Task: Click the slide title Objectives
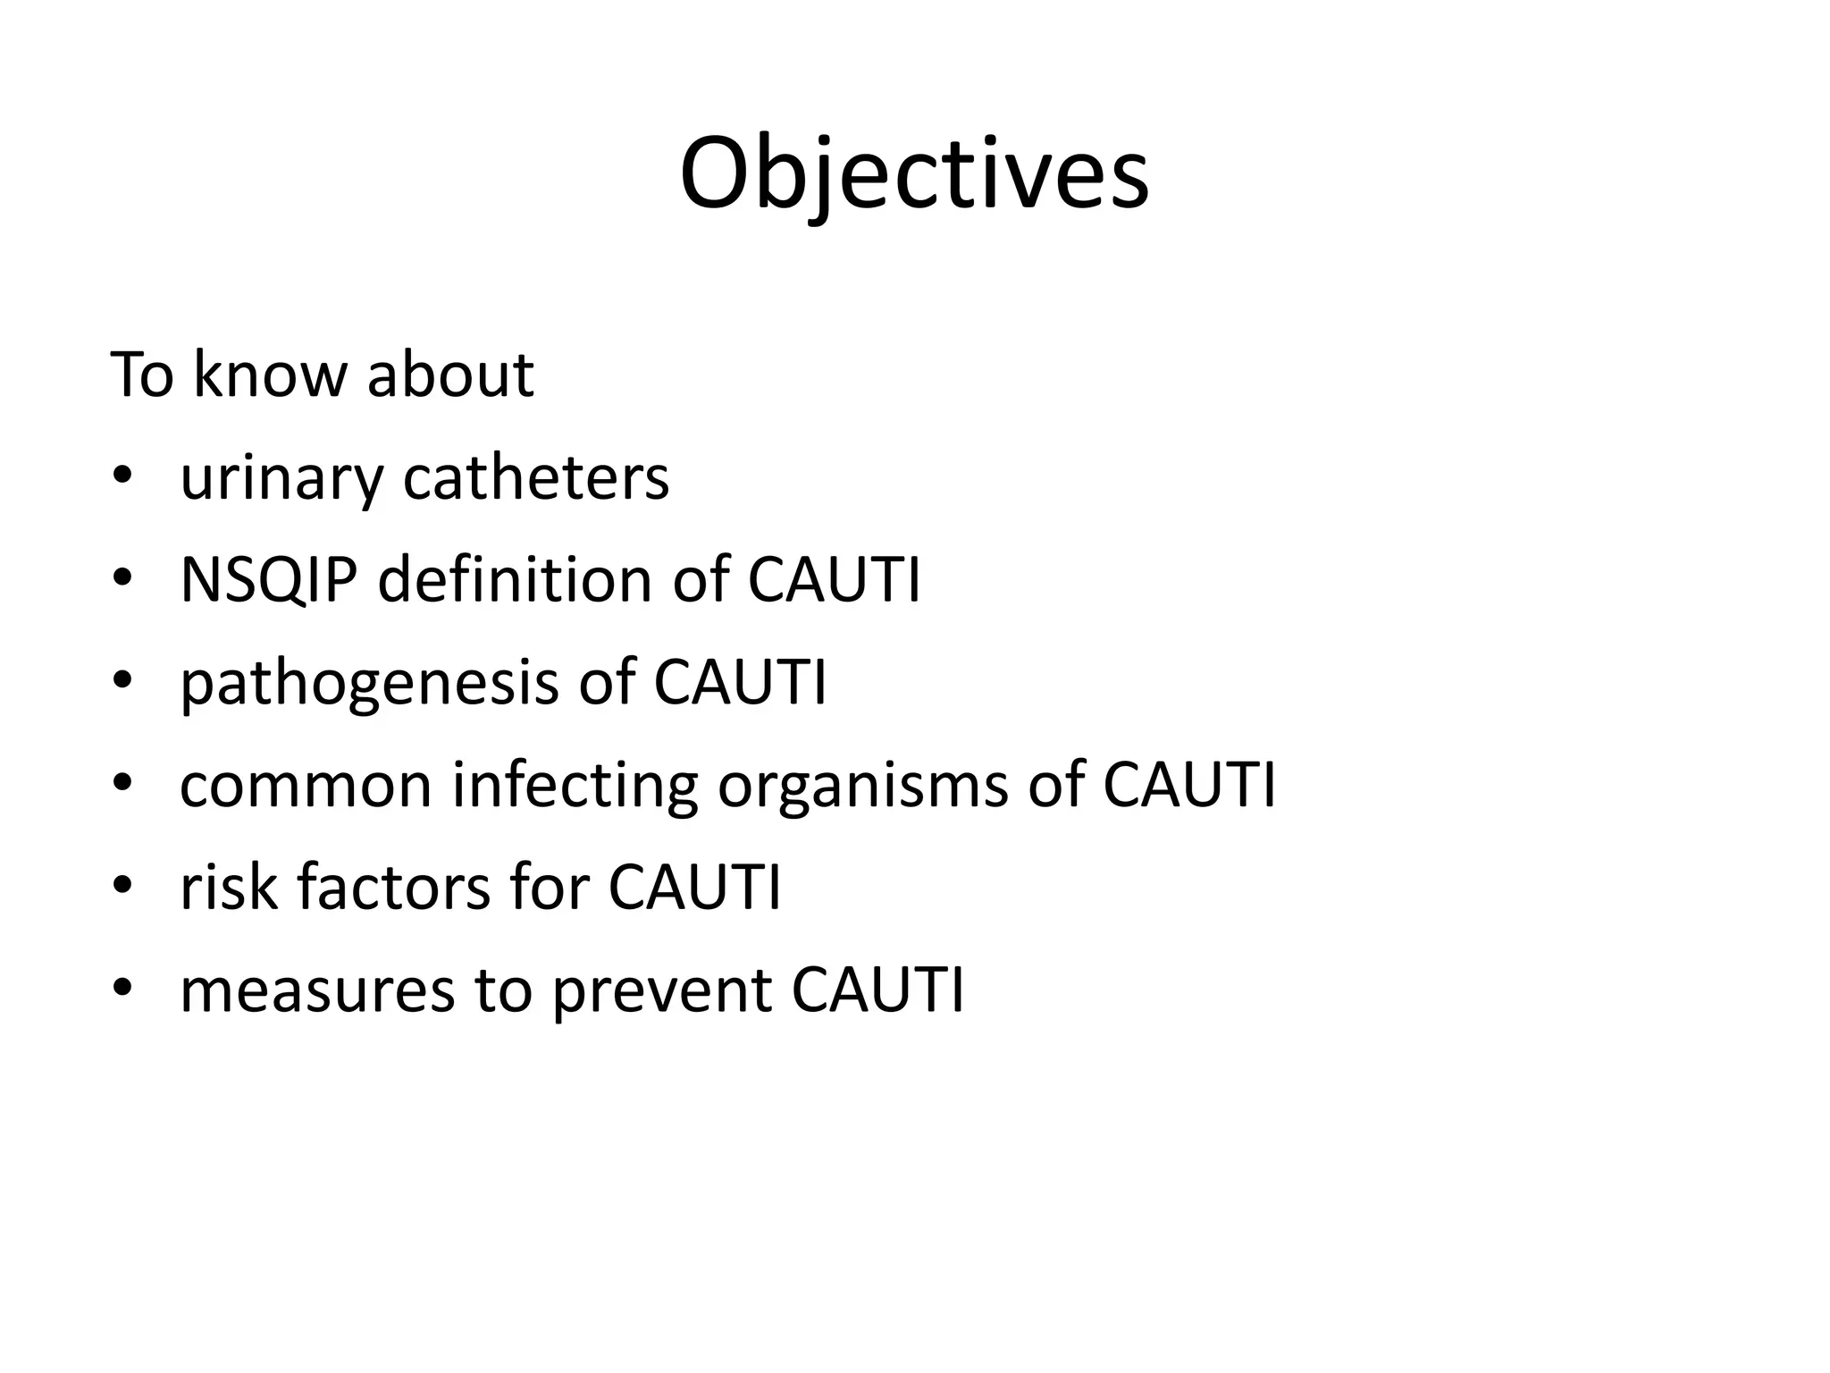click(x=914, y=174)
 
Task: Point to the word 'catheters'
click(x=536, y=478)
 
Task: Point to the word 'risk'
click(x=229, y=888)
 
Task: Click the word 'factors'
click(x=393, y=888)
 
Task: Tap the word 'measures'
click(x=318, y=990)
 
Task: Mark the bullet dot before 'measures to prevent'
click(x=122, y=988)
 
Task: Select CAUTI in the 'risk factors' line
click(x=694, y=888)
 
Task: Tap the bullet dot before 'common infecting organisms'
click(x=122, y=784)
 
